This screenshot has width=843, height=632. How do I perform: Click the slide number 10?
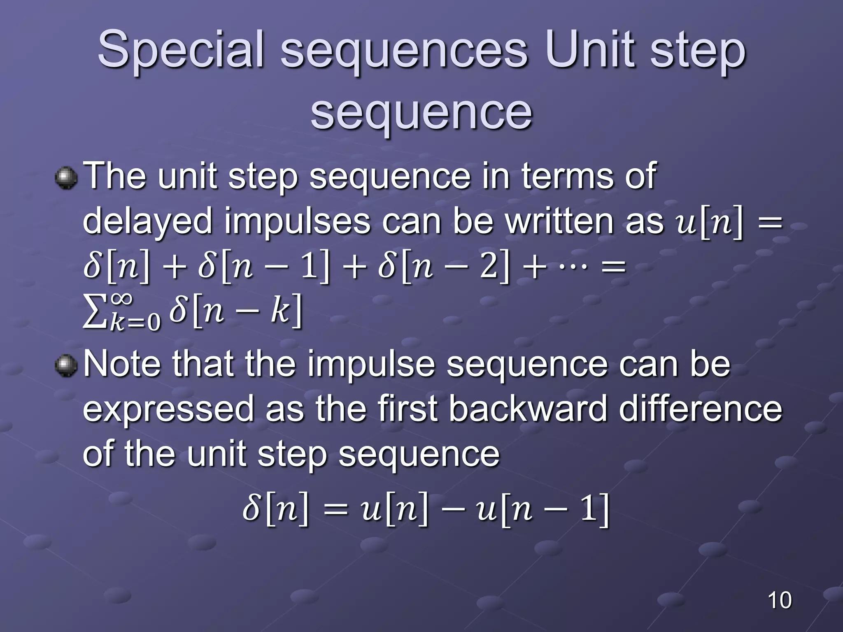(779, 600)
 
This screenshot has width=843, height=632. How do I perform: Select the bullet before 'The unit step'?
(66, 178)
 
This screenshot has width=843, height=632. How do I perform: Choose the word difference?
(700, 409)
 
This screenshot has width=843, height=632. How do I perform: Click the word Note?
(122, 364)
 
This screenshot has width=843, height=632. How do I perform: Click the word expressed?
(168, 409)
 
